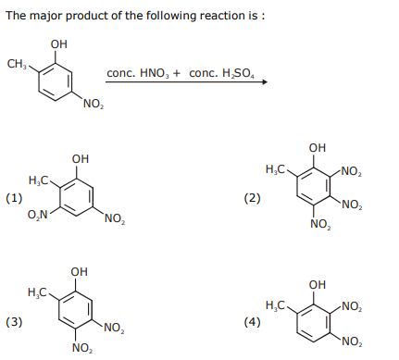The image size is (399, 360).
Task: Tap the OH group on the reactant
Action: coord(58,44)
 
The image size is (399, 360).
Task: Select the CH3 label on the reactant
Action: coord(17,64)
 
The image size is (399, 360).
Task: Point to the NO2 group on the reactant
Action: coord(94,105)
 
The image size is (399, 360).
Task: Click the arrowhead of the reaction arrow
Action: coord(264,82)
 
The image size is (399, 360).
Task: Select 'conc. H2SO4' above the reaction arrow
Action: coord(221,73)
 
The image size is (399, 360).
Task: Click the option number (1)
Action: coord(14,198)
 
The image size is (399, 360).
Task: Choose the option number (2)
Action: coord(252,198)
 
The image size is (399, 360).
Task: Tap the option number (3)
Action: coord(14,322)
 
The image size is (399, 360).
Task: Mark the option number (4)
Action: coord(252,322)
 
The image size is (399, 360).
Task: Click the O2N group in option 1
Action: coord(37,215)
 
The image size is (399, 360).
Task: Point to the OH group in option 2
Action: coord(318,148)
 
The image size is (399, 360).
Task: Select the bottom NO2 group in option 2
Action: coord(320,224)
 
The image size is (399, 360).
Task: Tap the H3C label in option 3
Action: coord(37,292)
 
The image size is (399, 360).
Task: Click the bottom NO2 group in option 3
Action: coord(82,348)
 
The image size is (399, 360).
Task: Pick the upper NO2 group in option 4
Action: coord(352,306)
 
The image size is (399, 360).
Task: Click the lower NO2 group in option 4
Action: coord(352,341)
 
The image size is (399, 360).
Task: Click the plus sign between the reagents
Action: coord(177,74)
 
